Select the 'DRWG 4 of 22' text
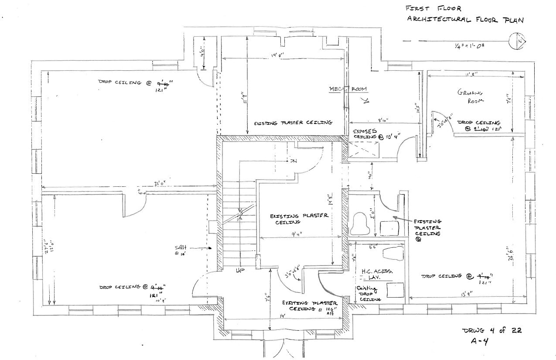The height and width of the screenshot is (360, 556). point(491,330)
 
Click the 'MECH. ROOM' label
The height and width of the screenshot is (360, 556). point(348,89)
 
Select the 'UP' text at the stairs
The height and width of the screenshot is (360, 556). point(239,271)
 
